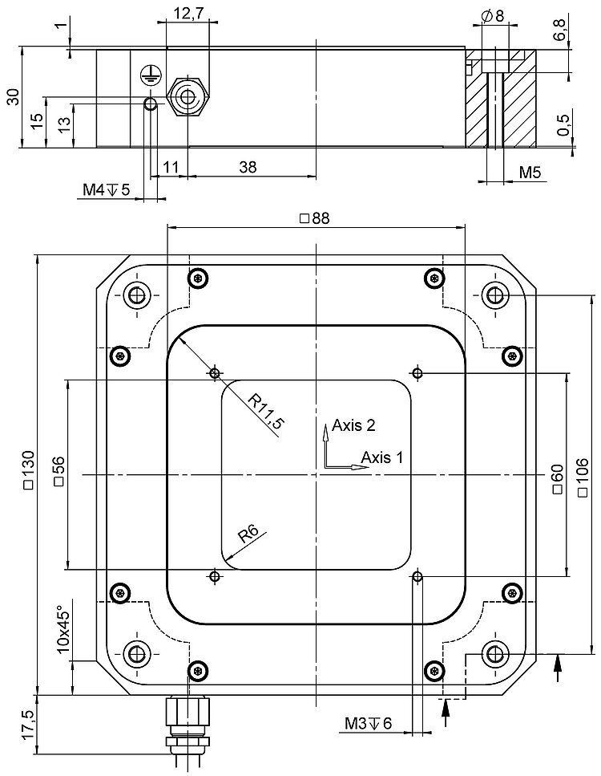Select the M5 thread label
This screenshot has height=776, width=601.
click(x=530, y=173)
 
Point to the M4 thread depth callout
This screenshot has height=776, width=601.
click(x=107, y=190)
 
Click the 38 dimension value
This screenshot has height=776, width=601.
click(x=249, y=166)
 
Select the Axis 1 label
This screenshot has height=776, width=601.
click(x=381, y=457)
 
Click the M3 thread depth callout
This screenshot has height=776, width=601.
click(x=369, y=725)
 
